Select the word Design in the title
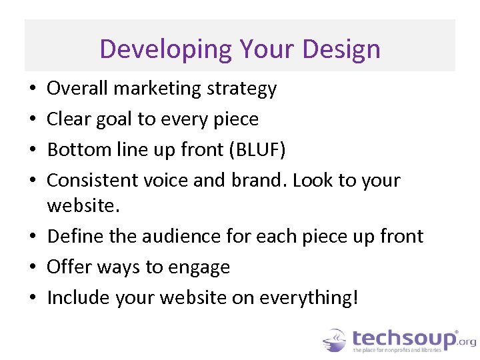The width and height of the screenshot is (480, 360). (341, 49)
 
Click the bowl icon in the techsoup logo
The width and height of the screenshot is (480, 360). (334, 341)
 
